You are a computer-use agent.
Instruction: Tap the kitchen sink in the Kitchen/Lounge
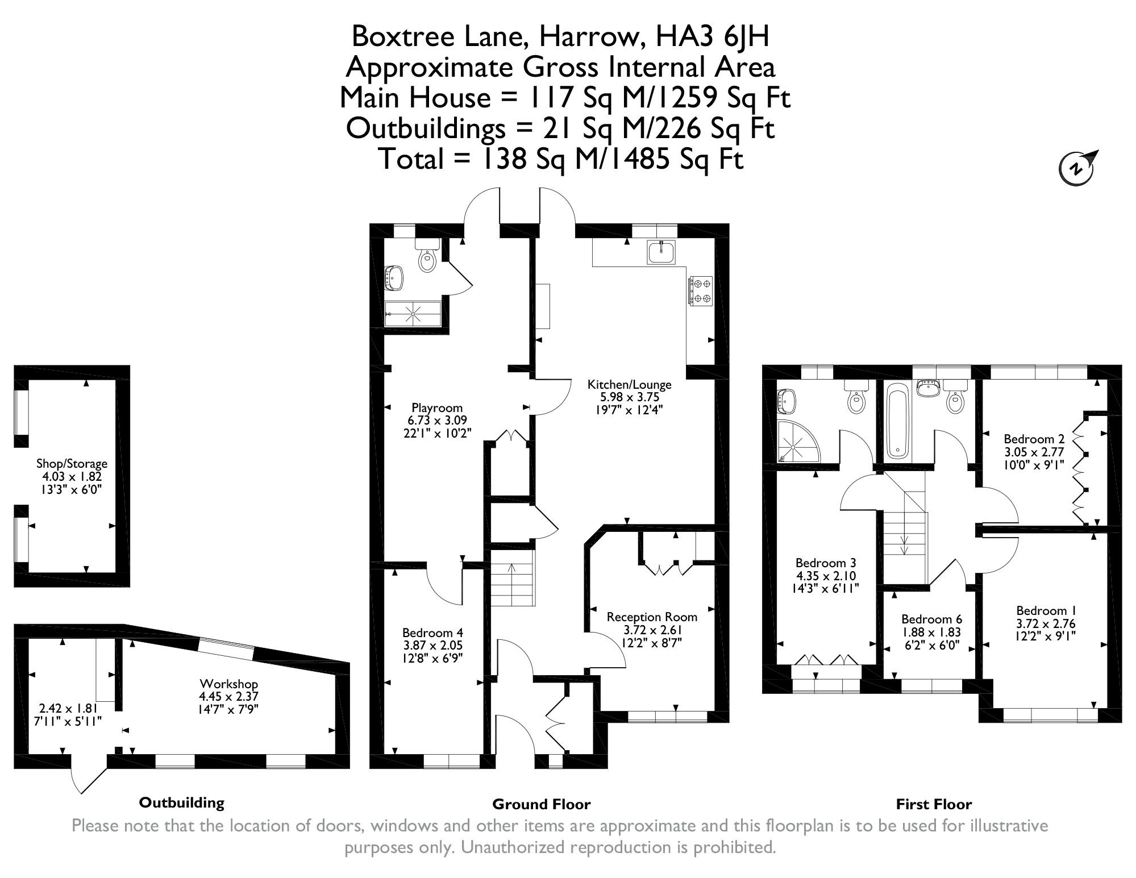click(661, 252)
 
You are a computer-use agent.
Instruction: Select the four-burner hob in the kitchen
click(701, 290)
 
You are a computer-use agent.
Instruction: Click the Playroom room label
click(437, 407)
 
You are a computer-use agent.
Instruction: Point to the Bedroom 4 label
click(432, 633)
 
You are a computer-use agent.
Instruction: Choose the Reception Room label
click(652, 617)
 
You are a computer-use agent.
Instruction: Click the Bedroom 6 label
click(931, 619)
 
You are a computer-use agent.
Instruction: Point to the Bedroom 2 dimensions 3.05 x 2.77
click(1034, 452)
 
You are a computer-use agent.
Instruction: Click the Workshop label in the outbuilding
click(228, 684)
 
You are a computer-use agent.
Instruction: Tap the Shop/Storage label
click(72, 464)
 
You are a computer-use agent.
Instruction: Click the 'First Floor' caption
click(934, 804)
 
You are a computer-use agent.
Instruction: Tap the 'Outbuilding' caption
click(182, 802)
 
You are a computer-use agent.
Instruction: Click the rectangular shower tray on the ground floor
click(413, 313)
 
